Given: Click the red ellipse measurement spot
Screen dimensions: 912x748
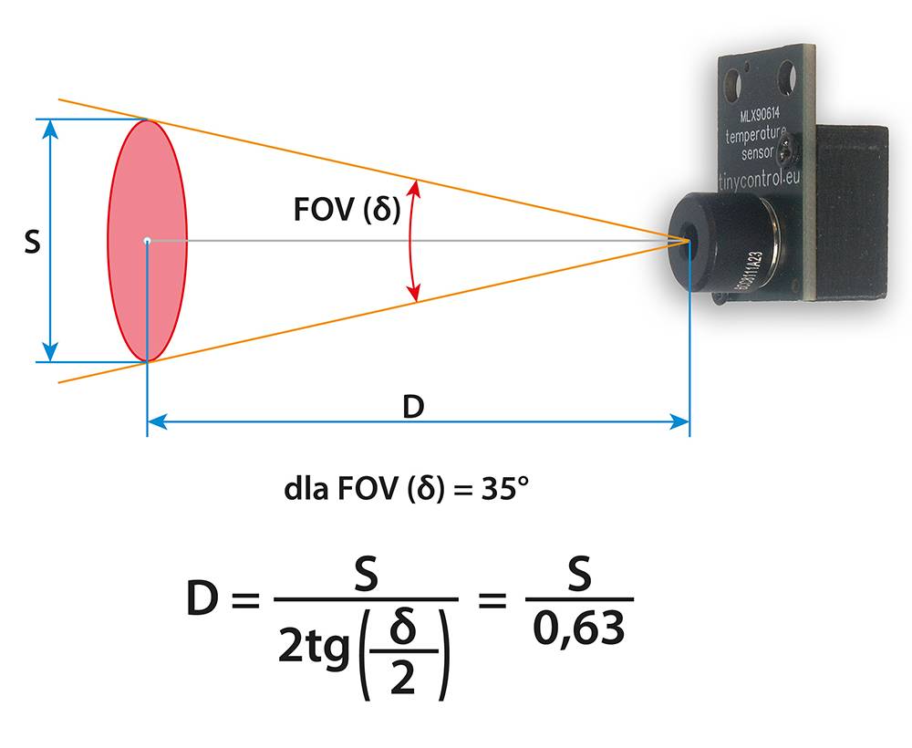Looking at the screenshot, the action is click(x=147, y=241).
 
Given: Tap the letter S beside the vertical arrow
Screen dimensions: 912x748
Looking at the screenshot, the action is click(x=33, y=242).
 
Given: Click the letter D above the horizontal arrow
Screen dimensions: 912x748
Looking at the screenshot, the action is click(x=413, y=407).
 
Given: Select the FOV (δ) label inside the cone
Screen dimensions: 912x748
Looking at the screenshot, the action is click(x=347, y=210).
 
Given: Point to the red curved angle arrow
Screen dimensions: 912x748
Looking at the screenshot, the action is click(x=410, y=241).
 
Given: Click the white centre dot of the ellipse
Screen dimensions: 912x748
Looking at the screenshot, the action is click(x=147, y=241).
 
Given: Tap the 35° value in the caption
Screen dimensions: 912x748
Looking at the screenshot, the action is click(x=505, y=489).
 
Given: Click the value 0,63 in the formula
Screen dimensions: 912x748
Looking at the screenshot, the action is click(x=579, y=629).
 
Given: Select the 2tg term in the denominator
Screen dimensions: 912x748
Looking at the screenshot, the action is click(x=314, y=647).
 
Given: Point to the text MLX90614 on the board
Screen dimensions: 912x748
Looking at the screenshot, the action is click(x=760, y=113).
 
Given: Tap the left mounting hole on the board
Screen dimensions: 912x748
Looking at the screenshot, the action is click(x=731, y=85).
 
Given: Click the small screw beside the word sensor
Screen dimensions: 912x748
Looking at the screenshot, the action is click(x=789, y=151).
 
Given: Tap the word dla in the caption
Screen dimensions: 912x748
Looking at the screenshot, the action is click(x=306, y=489).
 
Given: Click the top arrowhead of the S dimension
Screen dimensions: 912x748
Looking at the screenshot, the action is click(x=50, y=130).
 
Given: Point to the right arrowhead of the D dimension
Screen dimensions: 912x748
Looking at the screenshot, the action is click(x=679, y=421).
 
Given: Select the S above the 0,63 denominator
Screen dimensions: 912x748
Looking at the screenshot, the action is click(x=579, y=574).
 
